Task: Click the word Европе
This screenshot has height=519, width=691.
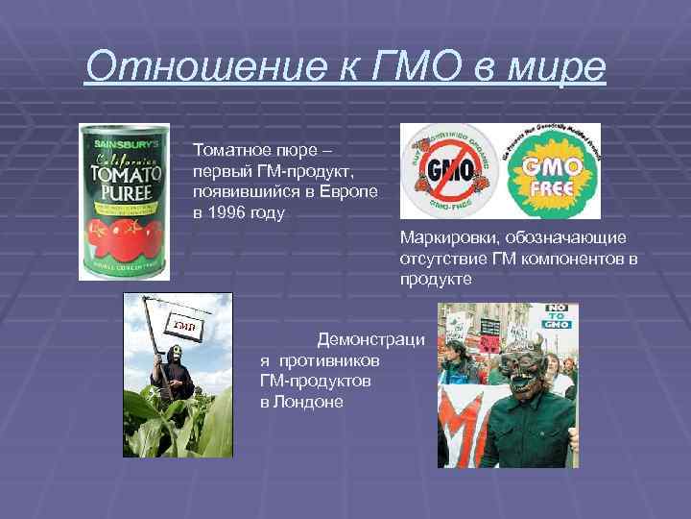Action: (344, 191)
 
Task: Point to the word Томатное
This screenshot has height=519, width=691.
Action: (227, 150)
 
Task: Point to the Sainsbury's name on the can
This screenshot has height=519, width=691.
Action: (124, 146)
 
